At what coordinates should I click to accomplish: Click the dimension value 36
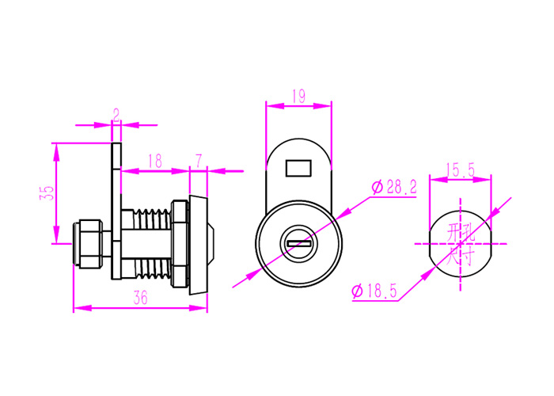pyautogui.click(x=140, y=298)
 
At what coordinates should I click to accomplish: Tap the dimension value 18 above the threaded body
pyautogui.click(x=154, y=161)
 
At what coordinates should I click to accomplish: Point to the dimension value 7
pyautogui.click(x=199, y=161)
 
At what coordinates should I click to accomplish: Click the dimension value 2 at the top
pyautogui.click(x=116, y=116)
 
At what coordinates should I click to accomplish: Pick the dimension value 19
pyautogui.click(x=298, y=97)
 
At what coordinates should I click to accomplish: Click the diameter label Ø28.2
pyautogui.click(x=394, y=187)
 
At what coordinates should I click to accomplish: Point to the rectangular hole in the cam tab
pyautogui.click(x=298, y=168)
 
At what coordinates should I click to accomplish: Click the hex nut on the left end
pyautogui.click(x=88, y=243)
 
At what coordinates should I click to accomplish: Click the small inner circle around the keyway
pyautogui.click(x=298, y=243)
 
